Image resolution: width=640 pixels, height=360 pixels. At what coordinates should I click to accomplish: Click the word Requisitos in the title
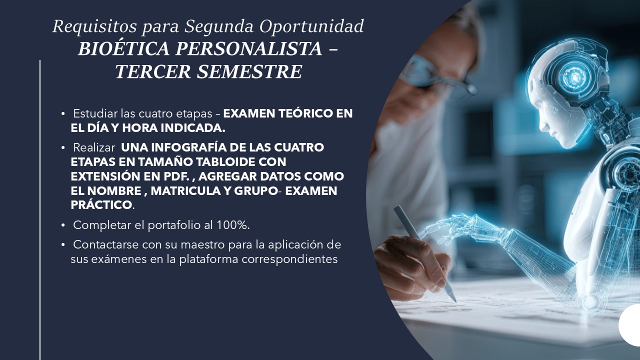94,27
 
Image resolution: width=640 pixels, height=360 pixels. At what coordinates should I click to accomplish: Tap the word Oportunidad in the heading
311,27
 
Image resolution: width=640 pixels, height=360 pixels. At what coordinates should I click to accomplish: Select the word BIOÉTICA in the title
123,48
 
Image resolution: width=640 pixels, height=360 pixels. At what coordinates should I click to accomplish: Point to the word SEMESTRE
249,71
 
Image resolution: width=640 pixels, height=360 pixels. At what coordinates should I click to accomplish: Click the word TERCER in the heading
153,71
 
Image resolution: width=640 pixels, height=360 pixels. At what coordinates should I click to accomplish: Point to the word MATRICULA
185,191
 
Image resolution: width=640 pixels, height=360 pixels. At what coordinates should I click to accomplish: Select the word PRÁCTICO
101,204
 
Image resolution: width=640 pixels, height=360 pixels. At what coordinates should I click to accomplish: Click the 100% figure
231,225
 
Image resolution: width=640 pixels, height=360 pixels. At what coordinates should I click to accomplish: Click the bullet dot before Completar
63,225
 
